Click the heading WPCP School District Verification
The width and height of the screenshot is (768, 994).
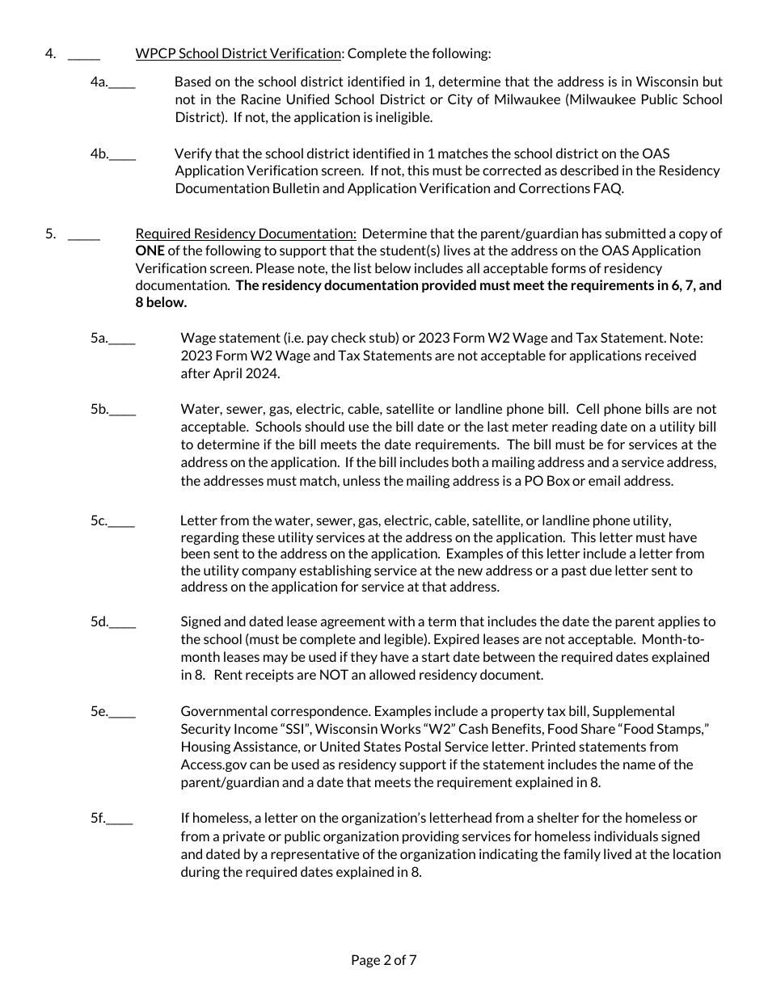238,54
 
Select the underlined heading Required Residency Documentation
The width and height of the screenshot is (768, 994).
246,234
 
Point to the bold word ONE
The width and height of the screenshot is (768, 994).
150,251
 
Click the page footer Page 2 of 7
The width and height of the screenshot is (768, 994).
384,961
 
